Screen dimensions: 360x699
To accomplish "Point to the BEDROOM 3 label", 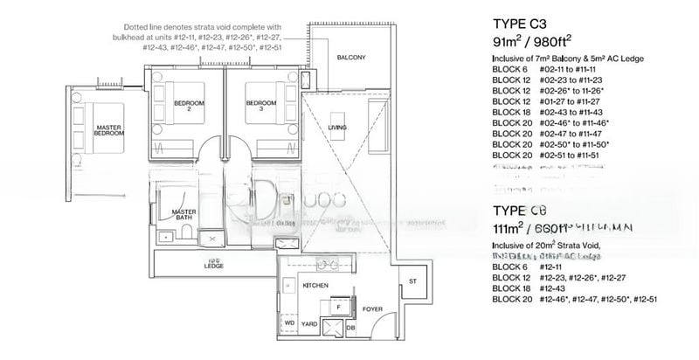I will pos(260,106).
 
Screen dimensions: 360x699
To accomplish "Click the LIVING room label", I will pos(336,128).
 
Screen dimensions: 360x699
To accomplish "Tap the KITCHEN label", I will pos(314,286).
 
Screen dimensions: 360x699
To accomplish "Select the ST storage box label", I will pos(412,281).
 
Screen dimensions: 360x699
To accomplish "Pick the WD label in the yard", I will pos(289,322).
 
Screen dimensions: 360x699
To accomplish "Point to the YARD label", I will pos(310,322).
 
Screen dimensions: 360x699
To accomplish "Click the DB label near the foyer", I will pos(350,329).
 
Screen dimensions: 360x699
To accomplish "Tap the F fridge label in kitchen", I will pos(337,308).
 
